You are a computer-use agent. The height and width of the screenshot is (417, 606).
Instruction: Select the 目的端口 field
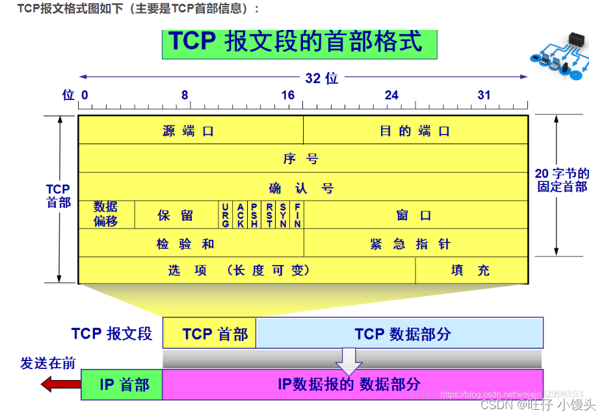point(415,131)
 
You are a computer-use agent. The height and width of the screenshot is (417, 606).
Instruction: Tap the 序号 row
point(302,158)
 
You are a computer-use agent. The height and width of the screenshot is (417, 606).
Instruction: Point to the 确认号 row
point(302,188)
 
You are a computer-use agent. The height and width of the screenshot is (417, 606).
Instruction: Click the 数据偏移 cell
point(106,214)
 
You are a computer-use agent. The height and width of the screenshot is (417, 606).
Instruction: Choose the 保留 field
point(176,215)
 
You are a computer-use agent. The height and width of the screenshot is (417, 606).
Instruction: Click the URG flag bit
point(226,215)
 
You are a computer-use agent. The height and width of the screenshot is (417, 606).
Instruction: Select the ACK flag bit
point(240,215)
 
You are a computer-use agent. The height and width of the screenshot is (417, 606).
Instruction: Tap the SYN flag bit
point(283,215)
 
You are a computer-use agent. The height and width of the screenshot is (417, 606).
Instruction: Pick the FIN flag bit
point(297,215)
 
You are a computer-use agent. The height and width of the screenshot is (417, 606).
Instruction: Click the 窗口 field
point(415,215)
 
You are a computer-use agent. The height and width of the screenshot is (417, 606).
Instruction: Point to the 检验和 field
point(190,244)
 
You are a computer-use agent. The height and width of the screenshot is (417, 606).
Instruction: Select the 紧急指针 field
point(415,244)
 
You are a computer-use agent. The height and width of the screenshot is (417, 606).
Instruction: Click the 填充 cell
point(471,270)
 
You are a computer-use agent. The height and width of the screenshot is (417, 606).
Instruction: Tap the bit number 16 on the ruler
point(287,95)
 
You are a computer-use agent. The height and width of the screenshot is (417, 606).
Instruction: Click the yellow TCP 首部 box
point(209,334)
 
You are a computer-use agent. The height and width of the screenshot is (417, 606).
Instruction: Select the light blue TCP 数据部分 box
point(400,334)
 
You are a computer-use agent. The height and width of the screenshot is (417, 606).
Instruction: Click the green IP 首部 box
point(122,385)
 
